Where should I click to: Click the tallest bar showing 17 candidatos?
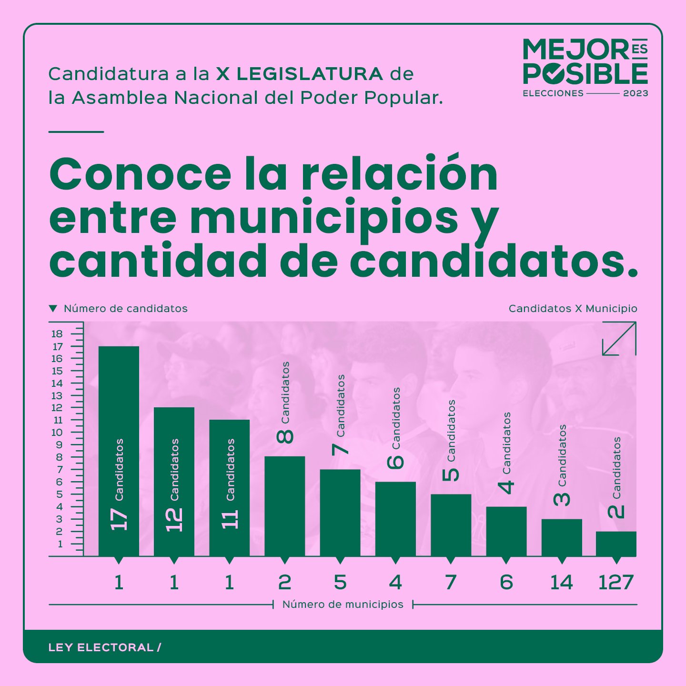[x=119, y=450]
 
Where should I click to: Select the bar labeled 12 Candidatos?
[x=174, y=481]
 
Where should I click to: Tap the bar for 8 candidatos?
[x=284, y=506]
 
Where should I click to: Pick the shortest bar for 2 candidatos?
[x=616, y=544]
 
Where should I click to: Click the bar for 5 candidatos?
[x=451, y=525]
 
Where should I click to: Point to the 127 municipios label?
[x=615, y=582]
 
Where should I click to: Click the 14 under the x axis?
[x=561, y=582]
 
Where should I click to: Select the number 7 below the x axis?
[x=451, y=582]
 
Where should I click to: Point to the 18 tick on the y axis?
[x=57, y=334]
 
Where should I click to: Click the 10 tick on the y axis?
[x=57, y=433]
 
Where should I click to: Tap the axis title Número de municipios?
[x=343, y=605]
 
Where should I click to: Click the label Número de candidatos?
[x=125, y=309]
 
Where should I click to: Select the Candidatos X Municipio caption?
[x=573, y=309]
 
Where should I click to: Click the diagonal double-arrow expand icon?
[x=619, y=339]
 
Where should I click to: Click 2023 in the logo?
[x=636, y=93]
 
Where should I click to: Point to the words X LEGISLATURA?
[x=300, y=74]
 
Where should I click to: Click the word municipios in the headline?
[x=324, y=217]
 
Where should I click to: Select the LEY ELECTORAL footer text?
[x=101, y=647]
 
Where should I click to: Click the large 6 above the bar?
[x=395, y=462]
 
